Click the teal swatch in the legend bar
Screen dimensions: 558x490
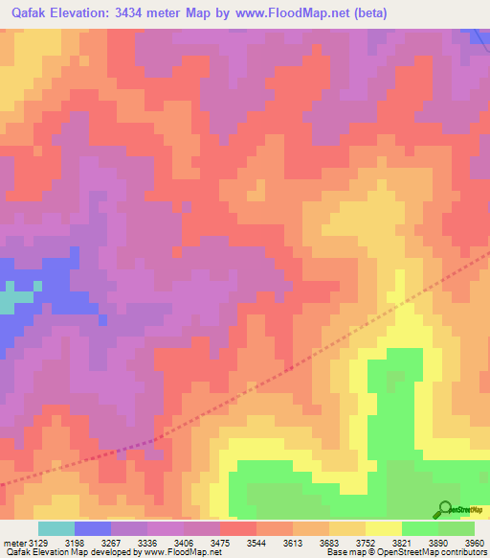tap(56, 528)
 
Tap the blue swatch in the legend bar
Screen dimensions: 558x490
tap(93, 528)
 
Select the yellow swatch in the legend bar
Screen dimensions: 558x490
tap(383, 528)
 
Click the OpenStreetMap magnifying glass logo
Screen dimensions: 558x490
tap(444, 509)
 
